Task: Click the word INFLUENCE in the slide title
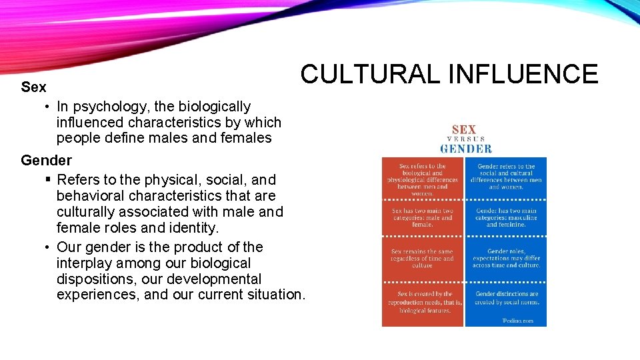[x=523, y=74]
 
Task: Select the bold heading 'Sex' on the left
[x=33, y=87]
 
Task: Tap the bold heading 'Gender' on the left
[x=46, y=161]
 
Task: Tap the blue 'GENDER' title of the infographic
[x=465, y=149]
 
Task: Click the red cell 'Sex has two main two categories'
[x=422, y=217]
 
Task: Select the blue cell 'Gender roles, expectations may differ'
[x=506, y=259]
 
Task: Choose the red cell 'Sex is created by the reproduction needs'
[x=422, y=302]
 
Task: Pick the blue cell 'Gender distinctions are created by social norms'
[x=506, y=298]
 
